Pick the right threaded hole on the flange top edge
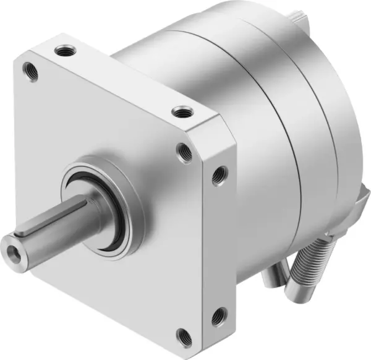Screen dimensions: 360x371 click(180, 112)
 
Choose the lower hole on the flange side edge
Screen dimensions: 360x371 click(217, 319)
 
